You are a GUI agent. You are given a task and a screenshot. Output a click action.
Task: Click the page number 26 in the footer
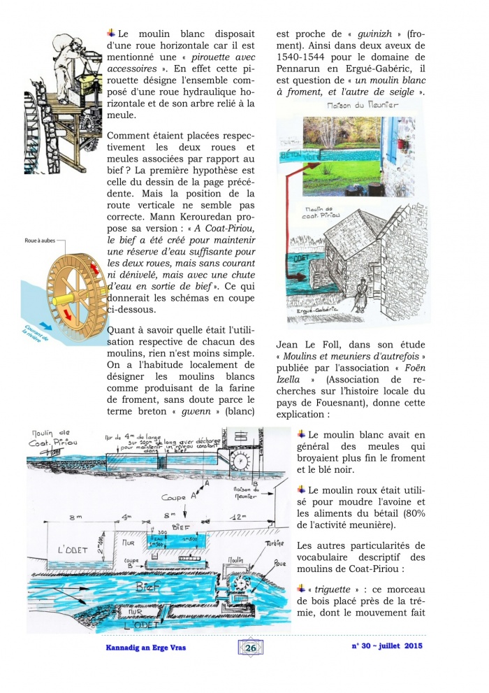[250, 648]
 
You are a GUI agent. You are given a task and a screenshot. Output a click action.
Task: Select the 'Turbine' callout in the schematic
[276, 543]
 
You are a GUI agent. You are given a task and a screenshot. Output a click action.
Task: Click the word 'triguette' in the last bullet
[333, 589]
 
